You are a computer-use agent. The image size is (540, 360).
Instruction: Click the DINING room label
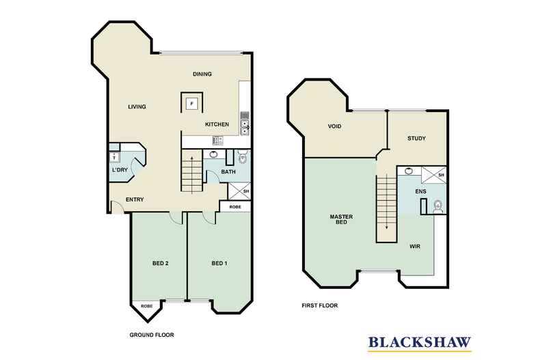pyautogui.click(x=202, y=74)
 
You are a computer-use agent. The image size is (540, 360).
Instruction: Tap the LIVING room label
pyautogui.click(x=137, y=106)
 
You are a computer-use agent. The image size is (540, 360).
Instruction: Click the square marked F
pyautogui.click(x=192, y=104)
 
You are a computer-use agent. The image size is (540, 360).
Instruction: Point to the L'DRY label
pyautogui.click(x=120, y=171)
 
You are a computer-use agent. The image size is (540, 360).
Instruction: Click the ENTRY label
pyautogui.click(x=135, y=200)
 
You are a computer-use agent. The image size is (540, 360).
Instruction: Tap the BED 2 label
pyautogui.click(x=161, y=263)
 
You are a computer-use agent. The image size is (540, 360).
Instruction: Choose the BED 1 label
pyautogui.click(x=219, y=263)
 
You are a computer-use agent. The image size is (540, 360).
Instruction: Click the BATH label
pyautogui.click(x=228, y=171)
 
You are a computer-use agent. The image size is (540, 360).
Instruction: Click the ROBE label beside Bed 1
pyautogui.click(x=234, y=206)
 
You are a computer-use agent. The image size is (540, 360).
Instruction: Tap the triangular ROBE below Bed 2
pyautogui.click(x=146, y=307)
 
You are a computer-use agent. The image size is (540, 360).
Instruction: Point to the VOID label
pyautogui.click(x=335, y=127)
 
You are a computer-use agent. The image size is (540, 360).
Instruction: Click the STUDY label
pyautogui.click(x=416, y=139)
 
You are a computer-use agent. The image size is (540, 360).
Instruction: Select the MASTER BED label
pyautogui.click(x=340, y=220)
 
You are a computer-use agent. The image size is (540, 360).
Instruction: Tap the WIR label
pyautogui.click(x=415, y=245)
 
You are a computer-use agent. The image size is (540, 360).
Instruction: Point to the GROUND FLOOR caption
pyautogui.click(x=152, y=335)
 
